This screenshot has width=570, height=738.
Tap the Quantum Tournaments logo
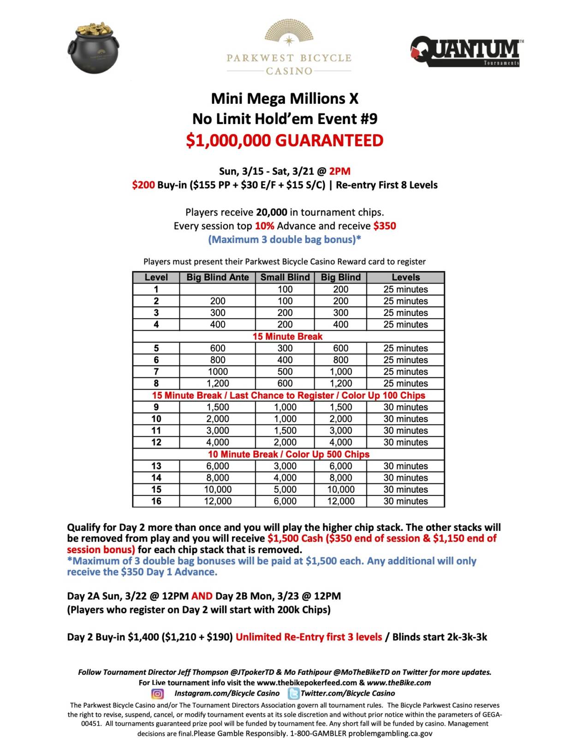[467, 51]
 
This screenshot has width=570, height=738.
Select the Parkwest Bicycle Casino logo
[289, 48]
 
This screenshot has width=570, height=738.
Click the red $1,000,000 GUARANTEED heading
[285, 140]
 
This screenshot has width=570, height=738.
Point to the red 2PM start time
[339, 171]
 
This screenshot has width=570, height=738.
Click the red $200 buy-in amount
[143, 185]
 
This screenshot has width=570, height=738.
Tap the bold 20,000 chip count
[272, 212]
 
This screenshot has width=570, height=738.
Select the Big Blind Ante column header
[217, 277]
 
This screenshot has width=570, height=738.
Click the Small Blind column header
[285, 277]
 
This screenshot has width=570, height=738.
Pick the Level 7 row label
[156, 372]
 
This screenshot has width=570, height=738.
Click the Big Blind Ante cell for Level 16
[217, 501]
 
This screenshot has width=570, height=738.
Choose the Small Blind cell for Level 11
[285, 430]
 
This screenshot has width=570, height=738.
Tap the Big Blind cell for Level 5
[340, 348]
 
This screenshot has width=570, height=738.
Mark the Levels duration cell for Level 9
[405, 407]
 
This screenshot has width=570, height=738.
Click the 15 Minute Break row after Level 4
[287, 336]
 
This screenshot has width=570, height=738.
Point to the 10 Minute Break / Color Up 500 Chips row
[288, 454]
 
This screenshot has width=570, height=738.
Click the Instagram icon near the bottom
[158, 694]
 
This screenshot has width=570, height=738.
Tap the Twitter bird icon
[293, 693]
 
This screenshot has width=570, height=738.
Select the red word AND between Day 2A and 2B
[202, 596]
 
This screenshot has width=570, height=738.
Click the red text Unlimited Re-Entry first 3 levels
[309, 637]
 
